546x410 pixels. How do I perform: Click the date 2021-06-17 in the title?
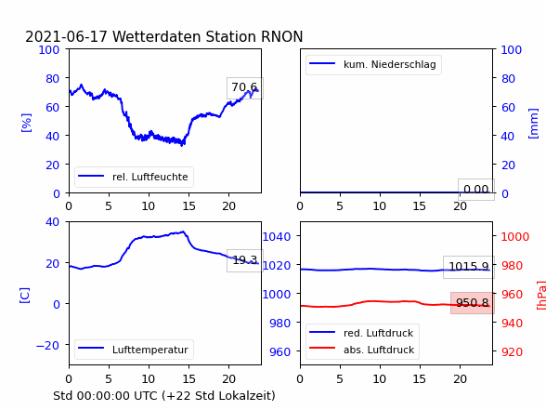[x=66, y=36]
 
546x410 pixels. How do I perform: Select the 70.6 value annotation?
[x=245, y=87]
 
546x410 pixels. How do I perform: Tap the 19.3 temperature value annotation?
[x=245, y=260]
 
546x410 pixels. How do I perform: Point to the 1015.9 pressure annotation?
[x=469, y=267]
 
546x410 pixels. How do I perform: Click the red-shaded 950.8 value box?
[x=472, y=303]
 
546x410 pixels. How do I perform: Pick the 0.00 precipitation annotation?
[x=476, y=190]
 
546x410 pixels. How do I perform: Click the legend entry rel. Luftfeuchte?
[x=134, y=177]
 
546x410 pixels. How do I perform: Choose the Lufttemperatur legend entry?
[x=134, y=350]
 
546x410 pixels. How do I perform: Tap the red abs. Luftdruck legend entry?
[x=362, y=350]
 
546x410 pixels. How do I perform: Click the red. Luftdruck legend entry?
[x=362, y=333]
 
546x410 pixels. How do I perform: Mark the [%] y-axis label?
[x=26, y=123]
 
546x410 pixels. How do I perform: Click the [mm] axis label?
[x=533, y=124]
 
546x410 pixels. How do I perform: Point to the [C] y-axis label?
[x=25, y=296]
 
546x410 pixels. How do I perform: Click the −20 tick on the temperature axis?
[x=47, y=345]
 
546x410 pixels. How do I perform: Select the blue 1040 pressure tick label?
[x=277, y=237]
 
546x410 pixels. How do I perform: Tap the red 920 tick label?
[x=512, y=351]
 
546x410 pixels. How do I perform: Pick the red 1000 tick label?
[x=515, y=237]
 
